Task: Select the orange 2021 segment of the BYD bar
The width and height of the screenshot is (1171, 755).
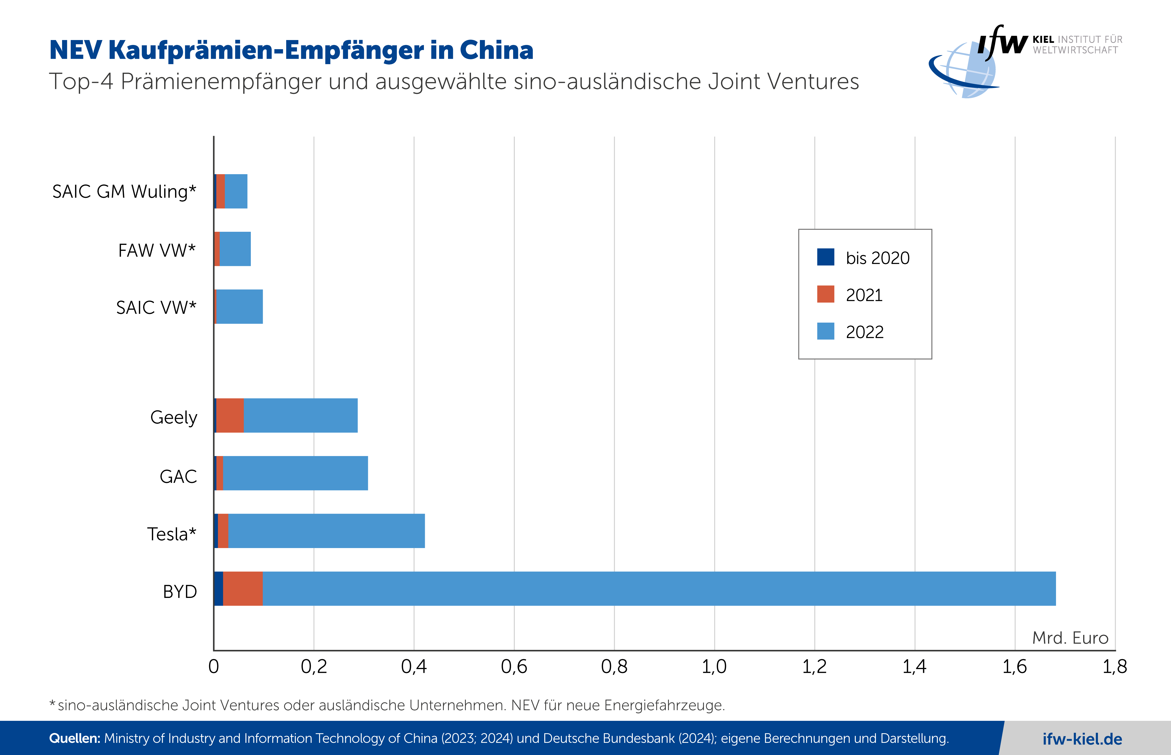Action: [x=243, y=588]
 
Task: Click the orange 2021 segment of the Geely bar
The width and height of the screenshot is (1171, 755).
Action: [x=230, y=415]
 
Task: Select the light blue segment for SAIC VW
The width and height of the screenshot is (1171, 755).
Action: [x=239, y=306]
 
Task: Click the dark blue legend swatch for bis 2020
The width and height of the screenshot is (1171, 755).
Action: [x=825, y=257]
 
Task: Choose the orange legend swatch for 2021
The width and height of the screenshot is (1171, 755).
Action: [x=825, y=294]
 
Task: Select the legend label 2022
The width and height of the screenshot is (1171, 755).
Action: [x=864, y=332]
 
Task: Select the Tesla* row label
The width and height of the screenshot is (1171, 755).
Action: [x=172, y=534]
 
